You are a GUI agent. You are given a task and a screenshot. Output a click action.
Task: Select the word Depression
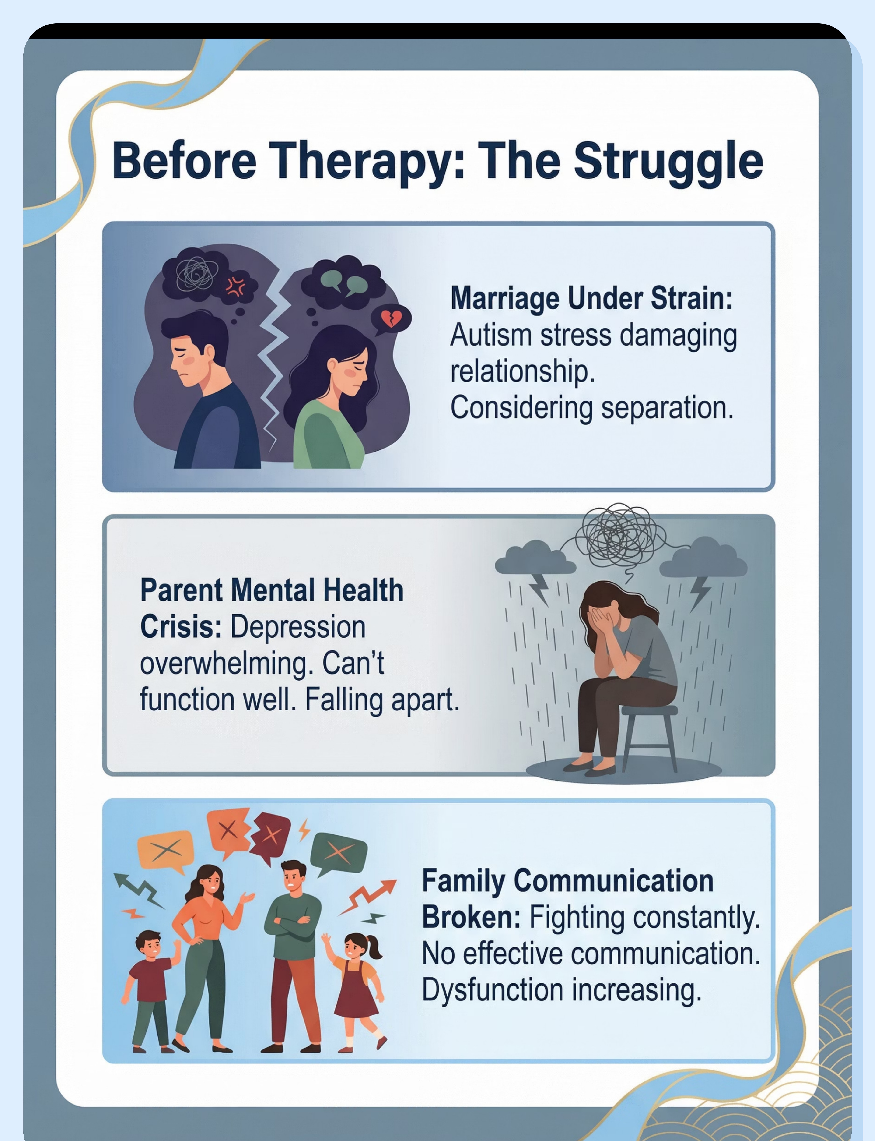click(x=298, y=627)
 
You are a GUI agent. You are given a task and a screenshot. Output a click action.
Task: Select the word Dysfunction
click(x=492, y=990)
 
